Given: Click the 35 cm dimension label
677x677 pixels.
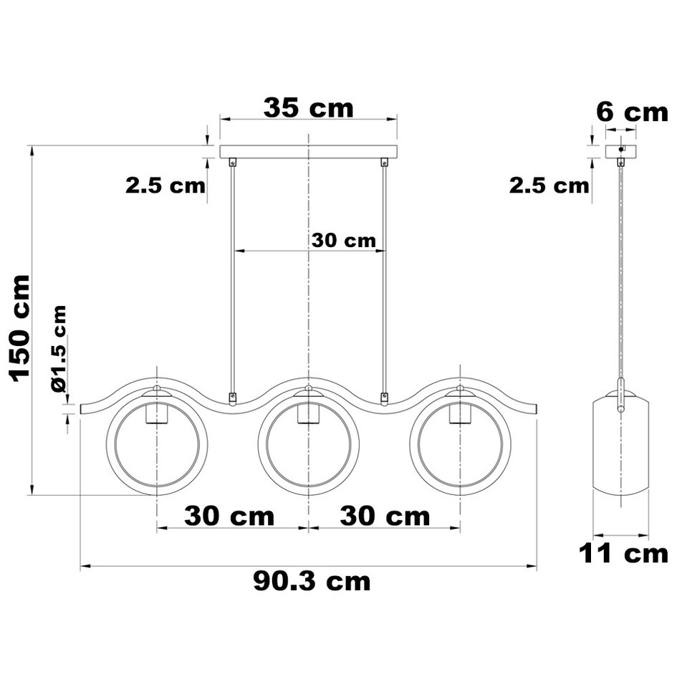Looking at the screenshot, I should pyautogui.click(x=308, y=108).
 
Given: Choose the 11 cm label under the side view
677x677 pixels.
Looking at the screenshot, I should pyautogui.click(x=623, y=554).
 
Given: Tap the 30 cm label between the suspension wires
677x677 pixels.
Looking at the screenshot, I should pyautogui.click(x=344, y=241).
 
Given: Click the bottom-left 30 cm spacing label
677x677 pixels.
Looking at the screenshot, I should pyautogui.click(x=229, y=516).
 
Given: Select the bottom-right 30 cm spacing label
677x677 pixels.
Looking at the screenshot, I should pyautogui.click(x=385, y=516).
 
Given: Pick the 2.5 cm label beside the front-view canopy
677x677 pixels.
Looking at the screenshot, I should pyautogui.click(x=165, y=186).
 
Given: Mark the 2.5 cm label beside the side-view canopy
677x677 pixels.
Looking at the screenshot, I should pyautogui.click(x=549, y=186).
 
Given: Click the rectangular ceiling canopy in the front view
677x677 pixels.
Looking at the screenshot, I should pyautogui.click(x=308, y=152).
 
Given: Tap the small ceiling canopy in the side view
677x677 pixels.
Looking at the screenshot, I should pyautogui.click(x=620, y=151).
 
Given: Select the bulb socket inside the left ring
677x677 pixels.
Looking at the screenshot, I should pyautogui.click(x=155, y=413).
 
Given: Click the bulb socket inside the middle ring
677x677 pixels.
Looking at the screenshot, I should pyautogui.click(x=308, y=413).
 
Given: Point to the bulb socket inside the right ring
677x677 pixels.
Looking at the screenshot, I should pyautogui.click(x=460, y=413).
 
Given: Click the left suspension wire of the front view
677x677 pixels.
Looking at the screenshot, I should pyautogui.click(x=232, y=279).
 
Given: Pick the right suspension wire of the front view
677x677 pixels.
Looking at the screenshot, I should pyautogui.click(x=385, y=279).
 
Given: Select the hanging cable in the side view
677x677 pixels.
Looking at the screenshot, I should pyautogui.click(x=620, y=272).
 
